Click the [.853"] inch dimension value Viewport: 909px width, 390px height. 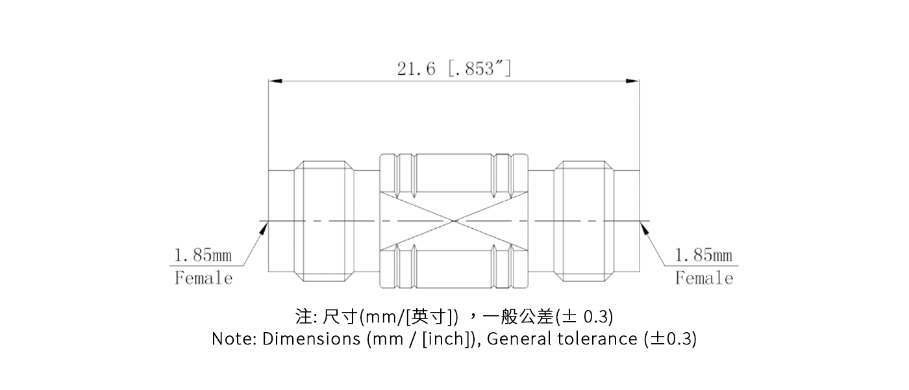(x=479, y=69)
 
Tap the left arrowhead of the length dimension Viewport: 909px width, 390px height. (x=275, y=81)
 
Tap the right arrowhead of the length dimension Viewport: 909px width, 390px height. (x=633, y=81)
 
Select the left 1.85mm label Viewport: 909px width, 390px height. (x=203, y=255)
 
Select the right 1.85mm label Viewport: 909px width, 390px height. (x=704, y=255)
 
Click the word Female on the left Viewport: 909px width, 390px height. (x=203, y=278)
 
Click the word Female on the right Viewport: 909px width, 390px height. (x=704, y=278)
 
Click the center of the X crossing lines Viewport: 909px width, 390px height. (x=454, y=221)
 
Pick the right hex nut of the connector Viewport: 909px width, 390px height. (x=584, y=221)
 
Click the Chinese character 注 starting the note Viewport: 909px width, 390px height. (x=303, y=317)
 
